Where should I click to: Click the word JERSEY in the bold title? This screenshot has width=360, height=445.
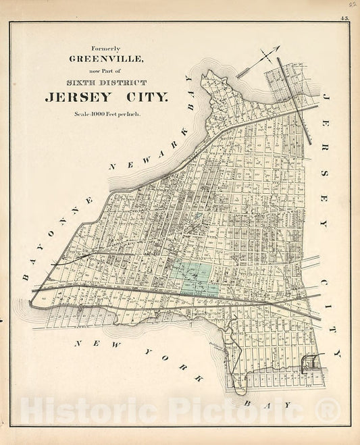[x=76, y=97]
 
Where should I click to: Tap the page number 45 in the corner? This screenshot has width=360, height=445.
[x=345, y=18]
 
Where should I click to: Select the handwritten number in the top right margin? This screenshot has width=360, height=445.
[x=353, y=5]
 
